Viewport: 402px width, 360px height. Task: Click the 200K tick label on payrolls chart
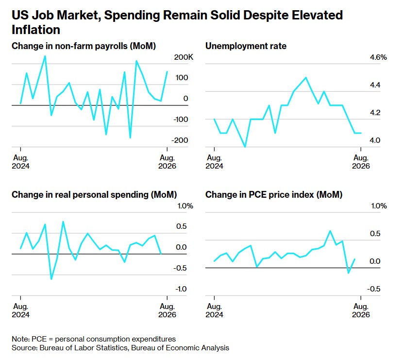tap(184, 57)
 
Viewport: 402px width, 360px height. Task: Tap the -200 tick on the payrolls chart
tap(180, 140)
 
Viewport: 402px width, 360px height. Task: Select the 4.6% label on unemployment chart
tap(378, 57)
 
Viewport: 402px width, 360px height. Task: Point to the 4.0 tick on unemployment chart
tap(375, 140)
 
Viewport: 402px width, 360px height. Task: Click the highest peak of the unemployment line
tap(305, 78)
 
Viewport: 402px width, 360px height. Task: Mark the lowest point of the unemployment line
tap(245, 147)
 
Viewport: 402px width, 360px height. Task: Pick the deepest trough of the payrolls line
tap(130, 138)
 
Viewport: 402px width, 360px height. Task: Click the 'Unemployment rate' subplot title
tap(246, 46)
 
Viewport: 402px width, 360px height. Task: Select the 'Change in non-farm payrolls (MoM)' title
tap(84, 46)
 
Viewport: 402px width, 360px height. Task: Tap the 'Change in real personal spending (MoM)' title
tap(94, 195)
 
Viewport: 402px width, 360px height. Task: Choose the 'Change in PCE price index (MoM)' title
tap(274, 195)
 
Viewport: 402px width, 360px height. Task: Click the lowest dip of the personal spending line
tap(51, 279)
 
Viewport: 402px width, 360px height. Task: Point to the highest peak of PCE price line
tap(330, 231)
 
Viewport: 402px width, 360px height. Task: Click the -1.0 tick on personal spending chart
tap(181, 289)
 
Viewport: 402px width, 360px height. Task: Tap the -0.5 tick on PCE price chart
tap(374, 289)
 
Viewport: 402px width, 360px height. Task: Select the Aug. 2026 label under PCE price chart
tap(361, 310)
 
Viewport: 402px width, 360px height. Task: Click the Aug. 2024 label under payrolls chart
tap(21, 162)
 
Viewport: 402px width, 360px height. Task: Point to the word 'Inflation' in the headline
tap(36, 30)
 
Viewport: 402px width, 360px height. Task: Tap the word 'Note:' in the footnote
tap(20, 339)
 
